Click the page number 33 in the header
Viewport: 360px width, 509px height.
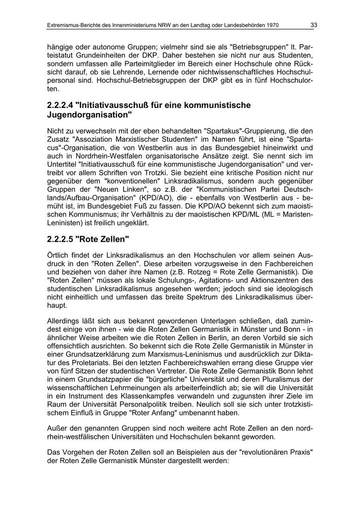[314, 25]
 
